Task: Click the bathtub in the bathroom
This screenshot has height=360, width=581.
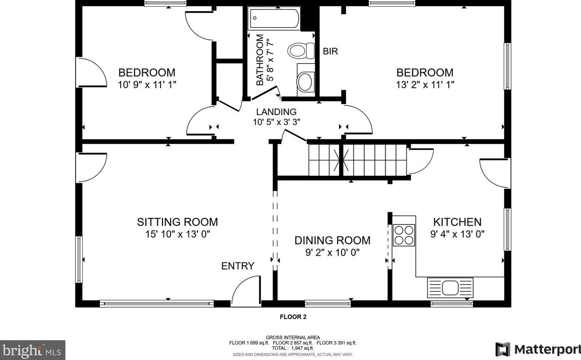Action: (274, 18)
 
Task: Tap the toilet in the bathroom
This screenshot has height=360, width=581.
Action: (301, 51)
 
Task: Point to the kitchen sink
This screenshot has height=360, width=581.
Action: (450, 288)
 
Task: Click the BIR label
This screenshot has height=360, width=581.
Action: (330, 51)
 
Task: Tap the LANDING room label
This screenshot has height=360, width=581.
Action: (276, 112)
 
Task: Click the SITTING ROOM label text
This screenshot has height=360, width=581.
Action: (177, 222)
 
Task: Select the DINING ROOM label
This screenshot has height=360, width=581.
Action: (332, 241)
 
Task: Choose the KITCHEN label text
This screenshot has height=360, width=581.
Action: (457, 222)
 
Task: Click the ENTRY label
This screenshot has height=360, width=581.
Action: (238, 266)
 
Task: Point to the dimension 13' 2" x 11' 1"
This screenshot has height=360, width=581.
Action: (425, 85)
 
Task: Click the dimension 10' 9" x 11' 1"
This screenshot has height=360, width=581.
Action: (147, 85)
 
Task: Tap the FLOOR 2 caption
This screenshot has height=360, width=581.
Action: (293, 316)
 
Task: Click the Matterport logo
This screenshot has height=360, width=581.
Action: (538, 349)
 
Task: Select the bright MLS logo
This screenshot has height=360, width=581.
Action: (32, 350)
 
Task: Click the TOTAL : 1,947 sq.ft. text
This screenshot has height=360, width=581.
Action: (293, 348)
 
